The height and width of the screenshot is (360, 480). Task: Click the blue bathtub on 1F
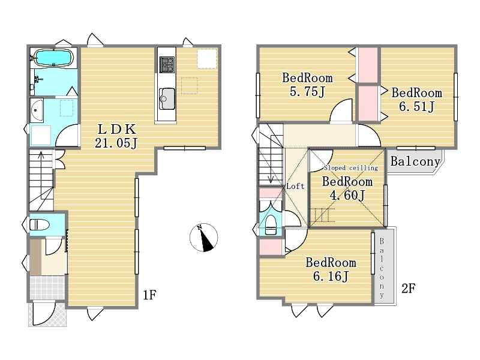[x=53, y=58]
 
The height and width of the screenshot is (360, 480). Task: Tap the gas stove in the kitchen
[x=167, y=65]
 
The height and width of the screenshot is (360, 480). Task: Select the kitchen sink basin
[x=167, y=98]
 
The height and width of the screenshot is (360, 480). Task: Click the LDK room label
[x=116, y=130]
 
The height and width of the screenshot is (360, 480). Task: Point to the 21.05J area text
[x=116, y=143]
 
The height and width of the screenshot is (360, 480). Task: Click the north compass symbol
[x=203, y=237]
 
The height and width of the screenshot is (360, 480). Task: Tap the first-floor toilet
[x=40, y=224]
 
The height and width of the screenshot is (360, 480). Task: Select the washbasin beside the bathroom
[x=37, y=110]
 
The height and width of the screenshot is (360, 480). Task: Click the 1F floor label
[x=149, y=295]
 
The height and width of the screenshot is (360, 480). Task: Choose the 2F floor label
[x=408, y=288]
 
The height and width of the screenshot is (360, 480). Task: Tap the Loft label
[x=295, y=186]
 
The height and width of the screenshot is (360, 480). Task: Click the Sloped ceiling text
[x=351, y=168]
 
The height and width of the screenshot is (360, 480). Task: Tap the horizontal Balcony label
[x=415, y=161]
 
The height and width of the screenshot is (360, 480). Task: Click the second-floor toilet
[x=271, y=224]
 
